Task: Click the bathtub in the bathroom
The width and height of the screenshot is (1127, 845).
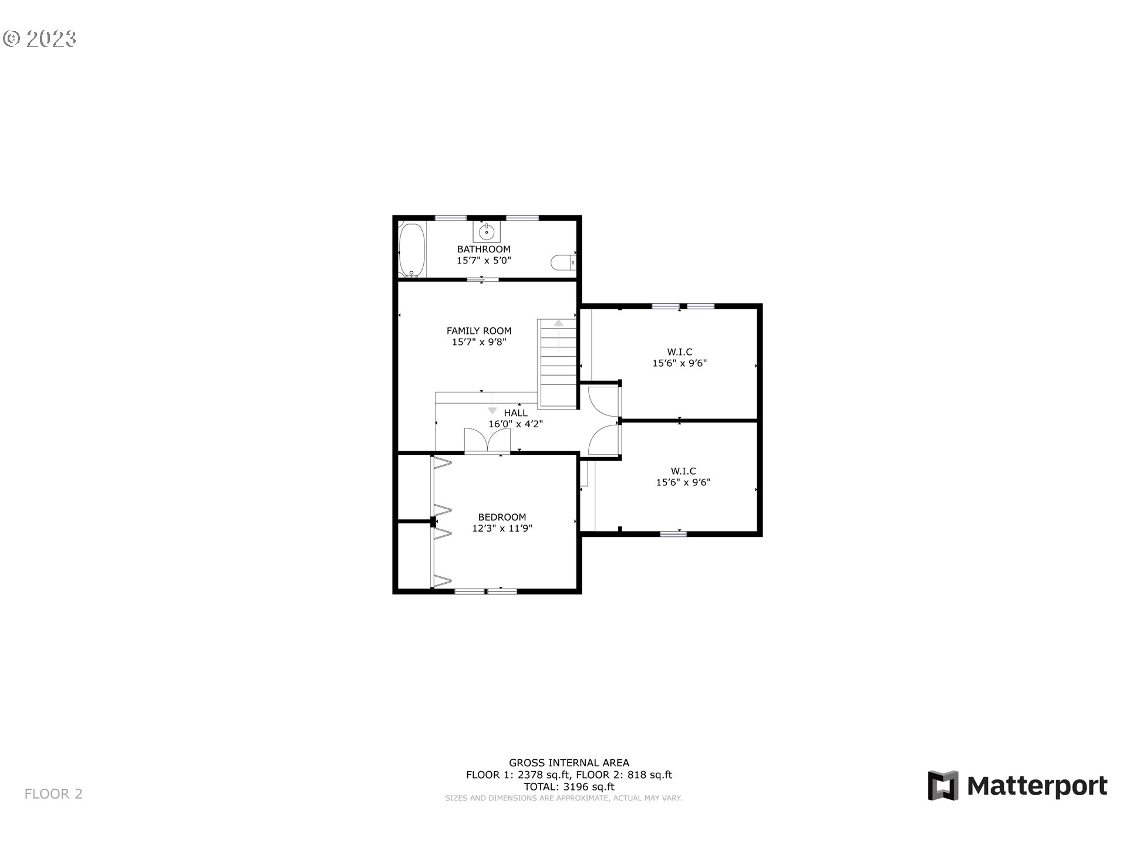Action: (410, 251)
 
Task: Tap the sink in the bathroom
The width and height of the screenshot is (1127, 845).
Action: (487, 232)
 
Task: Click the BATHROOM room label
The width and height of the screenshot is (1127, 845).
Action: (484, 249)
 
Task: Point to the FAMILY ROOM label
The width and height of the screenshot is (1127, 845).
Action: (479, 330)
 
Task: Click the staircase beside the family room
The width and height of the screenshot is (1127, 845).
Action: (558, 363)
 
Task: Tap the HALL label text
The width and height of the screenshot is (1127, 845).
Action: (515, 413)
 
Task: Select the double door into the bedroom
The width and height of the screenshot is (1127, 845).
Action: (487, 441)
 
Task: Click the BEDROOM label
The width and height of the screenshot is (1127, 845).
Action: (502, 517)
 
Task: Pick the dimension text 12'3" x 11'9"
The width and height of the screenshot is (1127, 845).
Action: (502, 528)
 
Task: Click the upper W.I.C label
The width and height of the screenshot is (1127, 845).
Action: (680, 352)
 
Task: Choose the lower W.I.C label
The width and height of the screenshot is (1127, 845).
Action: (683, 471)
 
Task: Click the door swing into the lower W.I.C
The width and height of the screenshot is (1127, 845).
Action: (604, 440)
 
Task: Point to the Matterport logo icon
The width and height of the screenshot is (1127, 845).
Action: (943, 785)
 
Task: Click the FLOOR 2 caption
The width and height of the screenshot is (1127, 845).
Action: (53, 794)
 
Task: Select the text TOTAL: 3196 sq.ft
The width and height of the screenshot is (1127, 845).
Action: (569, 786)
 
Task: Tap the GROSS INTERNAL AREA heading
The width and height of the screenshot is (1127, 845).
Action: (569, 763)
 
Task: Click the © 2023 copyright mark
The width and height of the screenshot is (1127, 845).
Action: (39, 39)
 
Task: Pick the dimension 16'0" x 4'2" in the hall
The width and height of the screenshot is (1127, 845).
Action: (515, 424)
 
